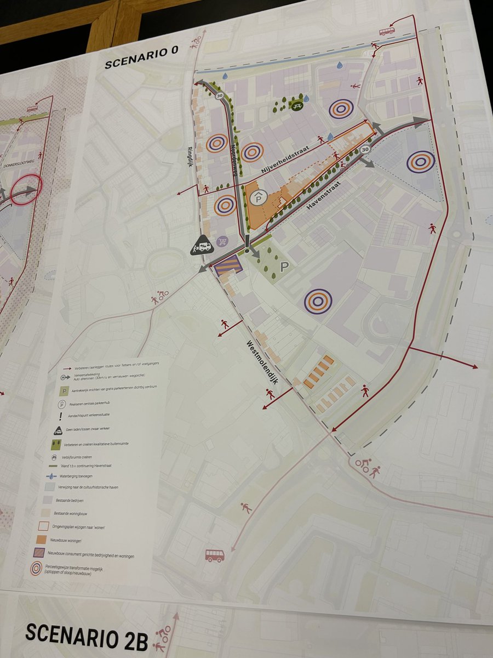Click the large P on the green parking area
point(284,267)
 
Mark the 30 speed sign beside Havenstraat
point(365,149)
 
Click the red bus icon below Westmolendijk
point(214,555)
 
